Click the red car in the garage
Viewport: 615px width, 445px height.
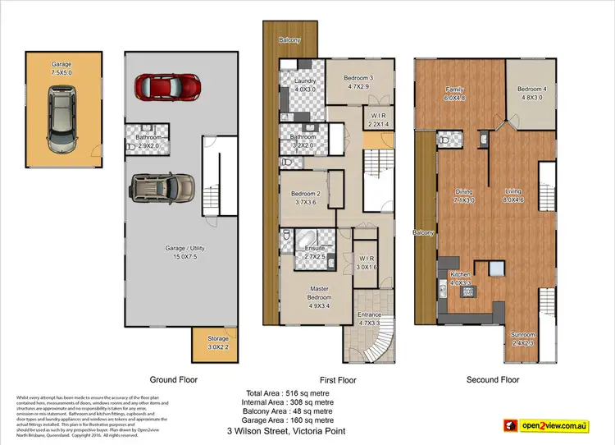(x=167, y=85)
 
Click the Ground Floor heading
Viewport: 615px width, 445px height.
(x=173, y=380)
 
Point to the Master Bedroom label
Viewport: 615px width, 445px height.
(x=319, y=296)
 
